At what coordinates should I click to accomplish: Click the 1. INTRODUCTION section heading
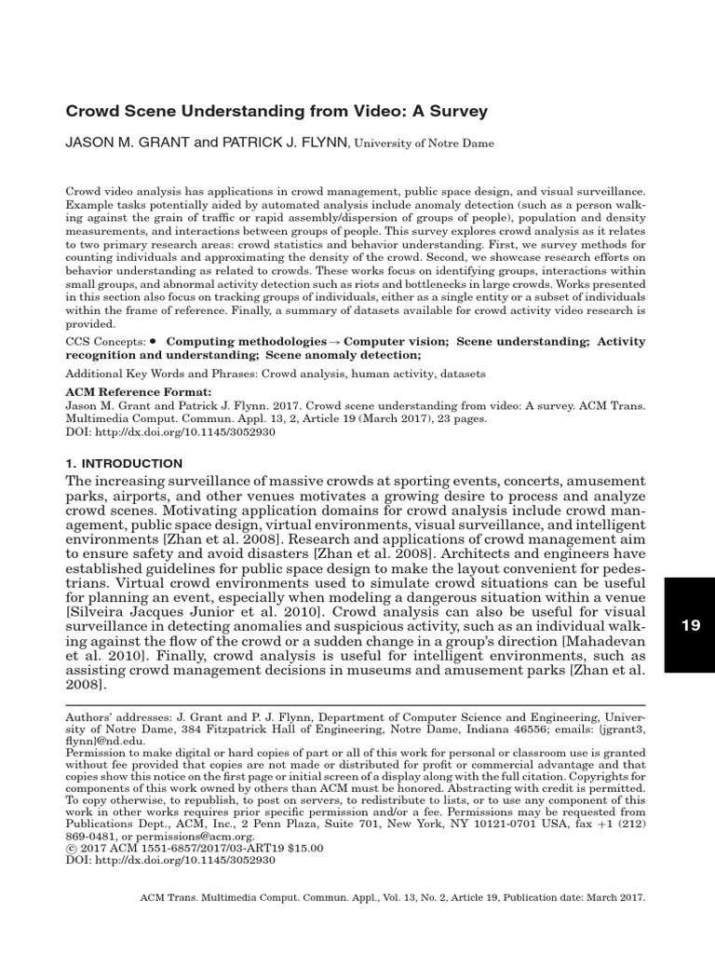[124, 463]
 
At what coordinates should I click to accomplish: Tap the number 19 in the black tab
[690, 626]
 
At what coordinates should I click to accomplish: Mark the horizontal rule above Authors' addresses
[354, 705]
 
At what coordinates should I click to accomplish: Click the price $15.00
[301, 850]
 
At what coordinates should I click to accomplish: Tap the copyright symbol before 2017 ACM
[70, 850]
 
